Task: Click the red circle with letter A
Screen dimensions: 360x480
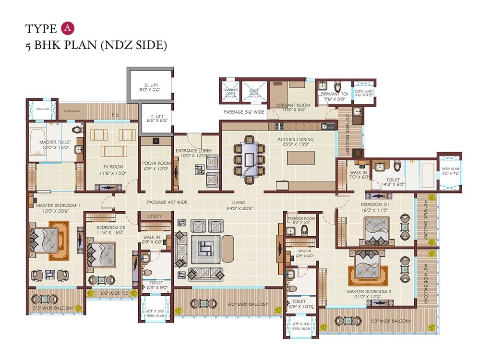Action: click(68, 28)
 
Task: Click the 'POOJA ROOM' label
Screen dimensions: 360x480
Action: click(156, 163)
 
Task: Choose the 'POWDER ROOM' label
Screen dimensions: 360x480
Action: click(301, 218)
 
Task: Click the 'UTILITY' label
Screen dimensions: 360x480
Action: click(155, 216)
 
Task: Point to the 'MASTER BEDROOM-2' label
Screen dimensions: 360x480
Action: click(370, 291)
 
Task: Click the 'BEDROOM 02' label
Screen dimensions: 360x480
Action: click(110, 227)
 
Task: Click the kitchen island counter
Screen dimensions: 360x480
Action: click(301, 158)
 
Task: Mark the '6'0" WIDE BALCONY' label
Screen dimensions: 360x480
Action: click(248, 304)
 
